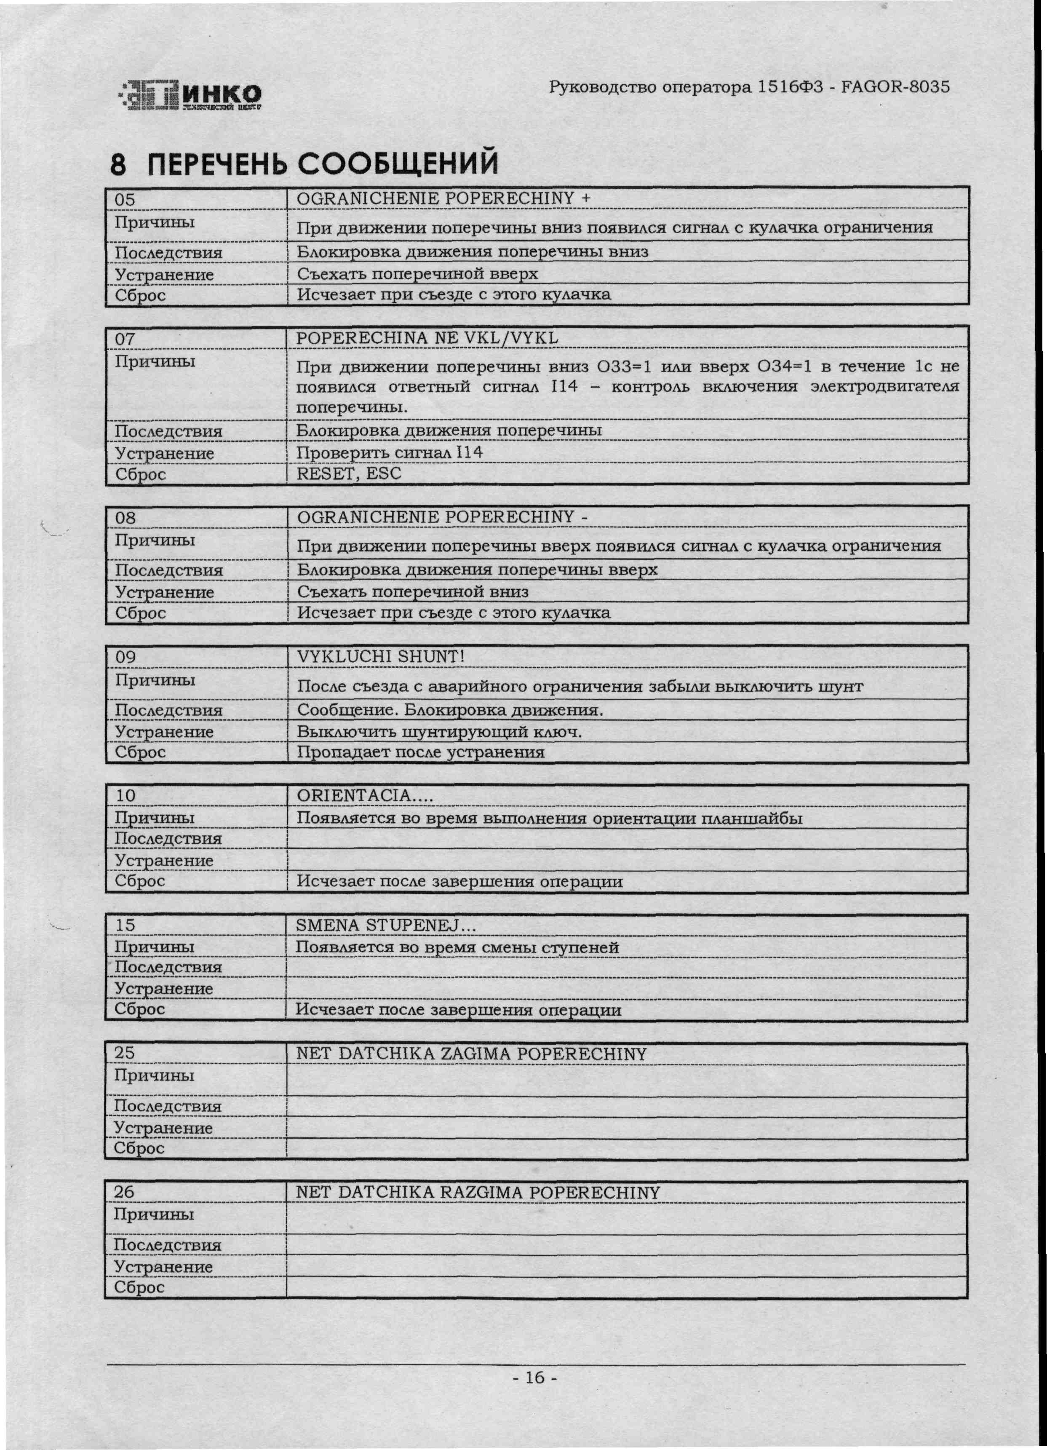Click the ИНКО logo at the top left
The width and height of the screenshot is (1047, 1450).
190,96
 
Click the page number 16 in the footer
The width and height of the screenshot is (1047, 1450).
535,1376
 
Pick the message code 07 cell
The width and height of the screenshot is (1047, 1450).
125,338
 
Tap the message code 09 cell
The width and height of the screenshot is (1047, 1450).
125,657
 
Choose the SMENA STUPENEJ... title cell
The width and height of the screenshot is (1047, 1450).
386,925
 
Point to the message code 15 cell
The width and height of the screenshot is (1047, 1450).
125,925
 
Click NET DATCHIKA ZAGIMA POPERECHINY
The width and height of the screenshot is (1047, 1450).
471,1054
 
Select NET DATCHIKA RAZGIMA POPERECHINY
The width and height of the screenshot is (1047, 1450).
478,1192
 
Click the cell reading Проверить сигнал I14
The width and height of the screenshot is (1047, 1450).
389,452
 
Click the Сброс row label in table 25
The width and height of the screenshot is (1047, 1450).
139,1148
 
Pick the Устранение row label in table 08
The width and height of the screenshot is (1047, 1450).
164,592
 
